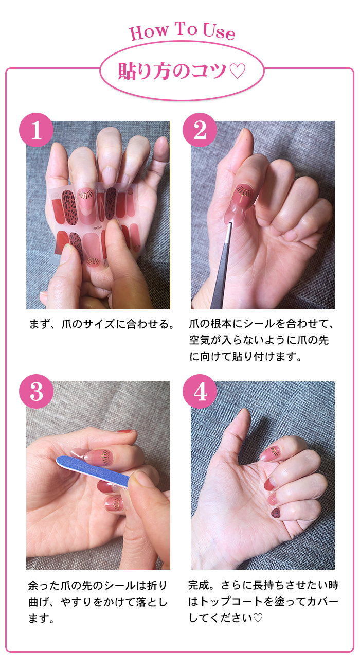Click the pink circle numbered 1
point(37,130)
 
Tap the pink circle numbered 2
point(200,130)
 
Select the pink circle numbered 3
point(37,391)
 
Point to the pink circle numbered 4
point(200,391)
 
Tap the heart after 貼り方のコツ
point(238,71)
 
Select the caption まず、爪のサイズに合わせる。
point(102,324)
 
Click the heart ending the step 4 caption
point(258,618)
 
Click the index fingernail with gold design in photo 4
point(271,453)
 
